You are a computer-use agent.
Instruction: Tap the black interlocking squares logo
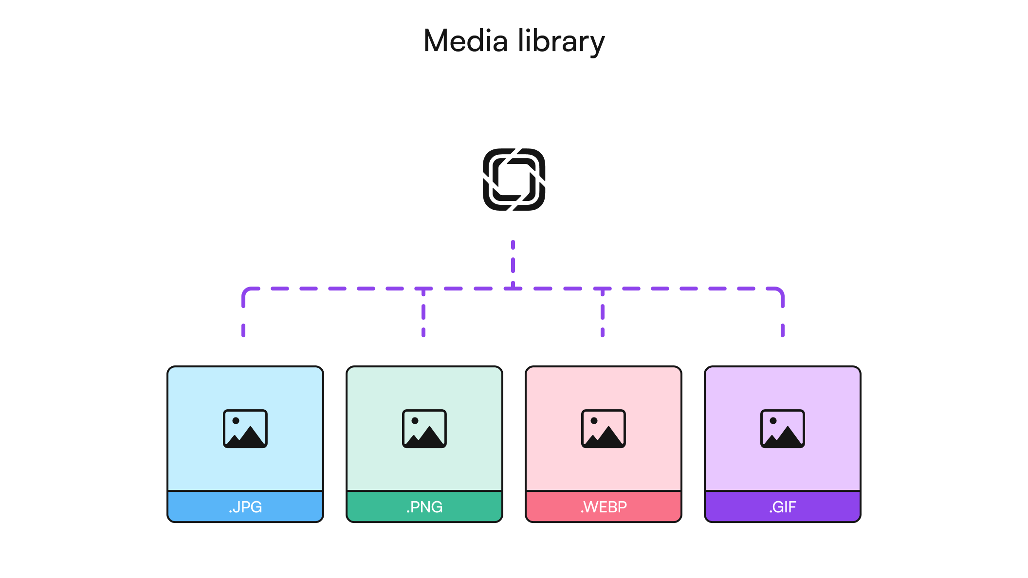514,180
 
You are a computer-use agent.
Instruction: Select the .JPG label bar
245,506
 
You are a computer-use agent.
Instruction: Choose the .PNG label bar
424,506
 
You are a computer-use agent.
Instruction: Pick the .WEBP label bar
604,506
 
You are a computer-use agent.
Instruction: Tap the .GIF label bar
783,506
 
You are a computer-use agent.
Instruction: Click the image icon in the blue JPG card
245,429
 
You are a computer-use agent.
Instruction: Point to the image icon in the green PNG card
424,429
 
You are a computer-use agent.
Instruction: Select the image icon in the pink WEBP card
604,429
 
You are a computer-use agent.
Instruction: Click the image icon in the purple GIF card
783,429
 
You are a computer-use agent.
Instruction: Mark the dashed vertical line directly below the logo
513,263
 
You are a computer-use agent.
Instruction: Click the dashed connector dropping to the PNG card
423,314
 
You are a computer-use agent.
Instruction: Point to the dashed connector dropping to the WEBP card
603,314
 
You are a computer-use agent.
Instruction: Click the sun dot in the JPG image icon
236,421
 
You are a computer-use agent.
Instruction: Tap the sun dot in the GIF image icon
773,421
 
